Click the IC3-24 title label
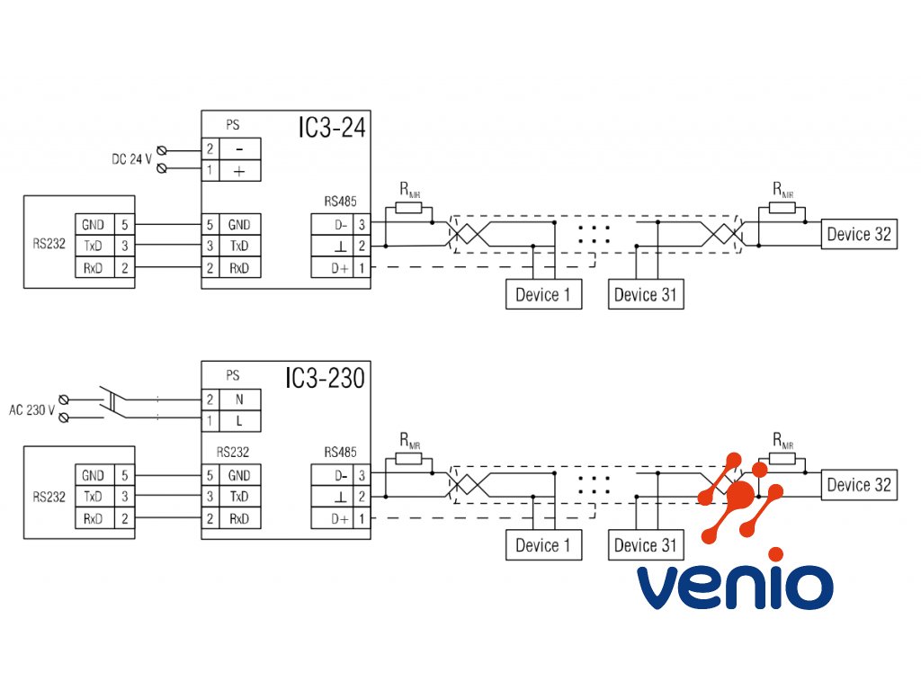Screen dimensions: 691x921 (x=332, y=128)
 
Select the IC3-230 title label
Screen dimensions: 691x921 (x=326, y=379)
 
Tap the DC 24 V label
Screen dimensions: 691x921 (x=132, y=158)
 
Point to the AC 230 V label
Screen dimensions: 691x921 (x=32, y=409)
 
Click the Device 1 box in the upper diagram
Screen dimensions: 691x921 (x=543, y=294)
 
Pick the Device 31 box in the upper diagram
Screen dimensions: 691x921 (x=645, y=294)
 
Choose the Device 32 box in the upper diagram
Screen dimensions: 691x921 (x=859, y=235)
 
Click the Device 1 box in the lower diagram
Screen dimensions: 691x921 (x=543, y=545)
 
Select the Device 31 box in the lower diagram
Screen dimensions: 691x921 (x=645, y=545)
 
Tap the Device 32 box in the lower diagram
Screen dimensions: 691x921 (x=859, y=485)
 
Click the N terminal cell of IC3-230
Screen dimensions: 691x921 (x=240, y=399)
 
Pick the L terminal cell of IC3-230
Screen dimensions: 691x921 (x=240, y=421)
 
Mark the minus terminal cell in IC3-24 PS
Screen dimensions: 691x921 (x=240, y=148)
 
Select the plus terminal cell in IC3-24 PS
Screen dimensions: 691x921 (x=240, y=170)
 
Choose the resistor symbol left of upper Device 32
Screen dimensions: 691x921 (x=782, y=208)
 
